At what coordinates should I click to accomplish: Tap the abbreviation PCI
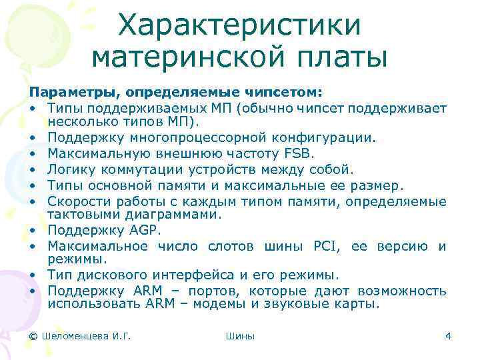(x=327, y=246)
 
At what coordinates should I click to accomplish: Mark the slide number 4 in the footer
(x=448, y=336)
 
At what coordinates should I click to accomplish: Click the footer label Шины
(x=240, y=336)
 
